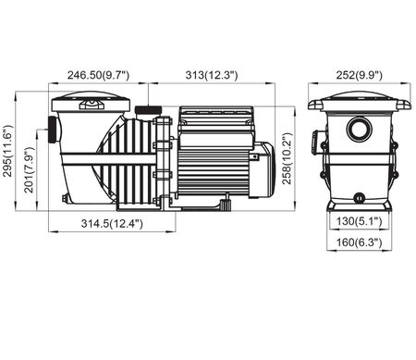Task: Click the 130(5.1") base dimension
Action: tap(359, 222)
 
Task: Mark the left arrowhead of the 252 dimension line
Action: tap(312, 82)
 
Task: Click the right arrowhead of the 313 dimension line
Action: tap(283, 82)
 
